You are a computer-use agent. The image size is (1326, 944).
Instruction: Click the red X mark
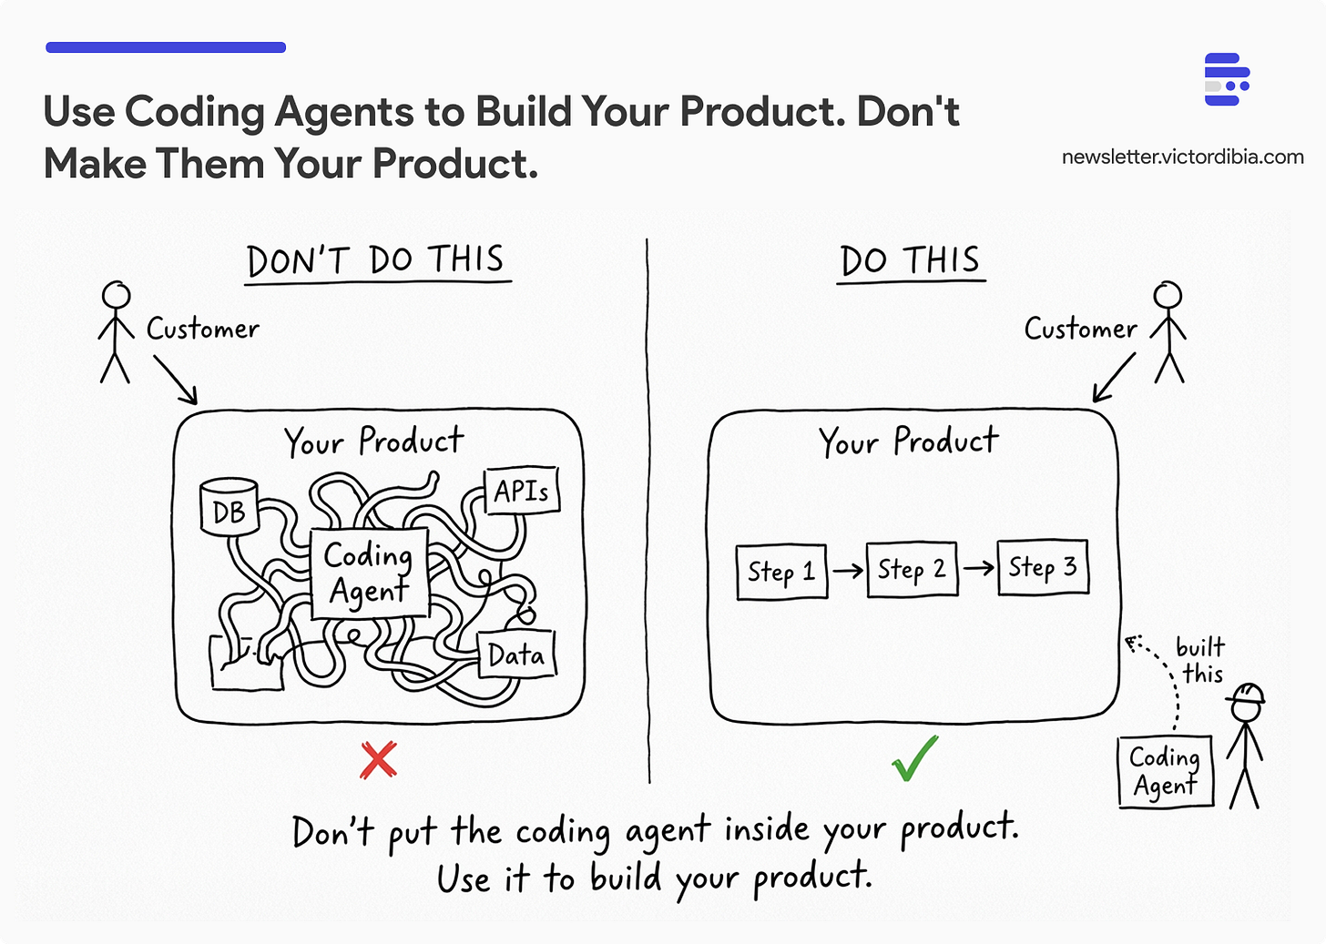[378, 759]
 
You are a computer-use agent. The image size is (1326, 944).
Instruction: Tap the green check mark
[914, 759]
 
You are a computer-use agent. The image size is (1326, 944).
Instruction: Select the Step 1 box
[781, 572]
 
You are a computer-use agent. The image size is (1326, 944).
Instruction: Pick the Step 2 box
[912, 570]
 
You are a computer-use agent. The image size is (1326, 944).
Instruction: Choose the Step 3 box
[1043, 567]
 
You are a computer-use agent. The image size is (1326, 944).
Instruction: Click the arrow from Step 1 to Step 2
[847, 571]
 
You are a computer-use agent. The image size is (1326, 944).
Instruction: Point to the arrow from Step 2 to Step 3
[978, 569]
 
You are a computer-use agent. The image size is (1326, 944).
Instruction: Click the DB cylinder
[229, 508]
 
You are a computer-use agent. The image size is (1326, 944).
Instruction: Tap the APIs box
[521, 492]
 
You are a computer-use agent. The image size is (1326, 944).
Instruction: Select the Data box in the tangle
[515, 655]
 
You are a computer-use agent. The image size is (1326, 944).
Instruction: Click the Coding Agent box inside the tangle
[369, 574]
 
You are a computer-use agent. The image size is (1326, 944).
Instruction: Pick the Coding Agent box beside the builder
[1165, 771]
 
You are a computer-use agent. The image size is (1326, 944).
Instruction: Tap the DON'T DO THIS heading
[376, 261]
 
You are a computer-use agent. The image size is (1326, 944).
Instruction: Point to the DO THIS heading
[910, 261]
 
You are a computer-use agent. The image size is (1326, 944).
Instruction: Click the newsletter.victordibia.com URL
[1182, 157]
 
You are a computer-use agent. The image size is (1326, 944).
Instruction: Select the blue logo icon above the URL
[1226, 79]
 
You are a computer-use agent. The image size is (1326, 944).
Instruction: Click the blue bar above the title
[166, 47]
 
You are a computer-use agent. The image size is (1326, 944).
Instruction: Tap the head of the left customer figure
[116, 295]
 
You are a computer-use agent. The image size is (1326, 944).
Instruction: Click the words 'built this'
[1201, 660]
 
